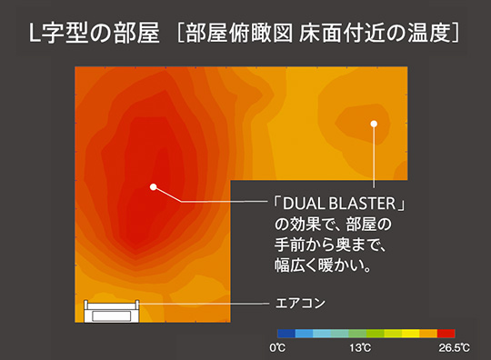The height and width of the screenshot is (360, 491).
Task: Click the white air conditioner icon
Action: [110, 312]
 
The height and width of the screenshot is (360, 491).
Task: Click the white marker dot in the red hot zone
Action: [154, 187]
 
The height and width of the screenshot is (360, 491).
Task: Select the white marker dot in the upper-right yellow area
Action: [373, 124]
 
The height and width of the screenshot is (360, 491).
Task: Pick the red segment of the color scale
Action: [446, 334]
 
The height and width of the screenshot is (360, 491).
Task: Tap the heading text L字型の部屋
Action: [93, 36]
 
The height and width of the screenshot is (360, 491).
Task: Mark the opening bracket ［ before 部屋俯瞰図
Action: [178, 36]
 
